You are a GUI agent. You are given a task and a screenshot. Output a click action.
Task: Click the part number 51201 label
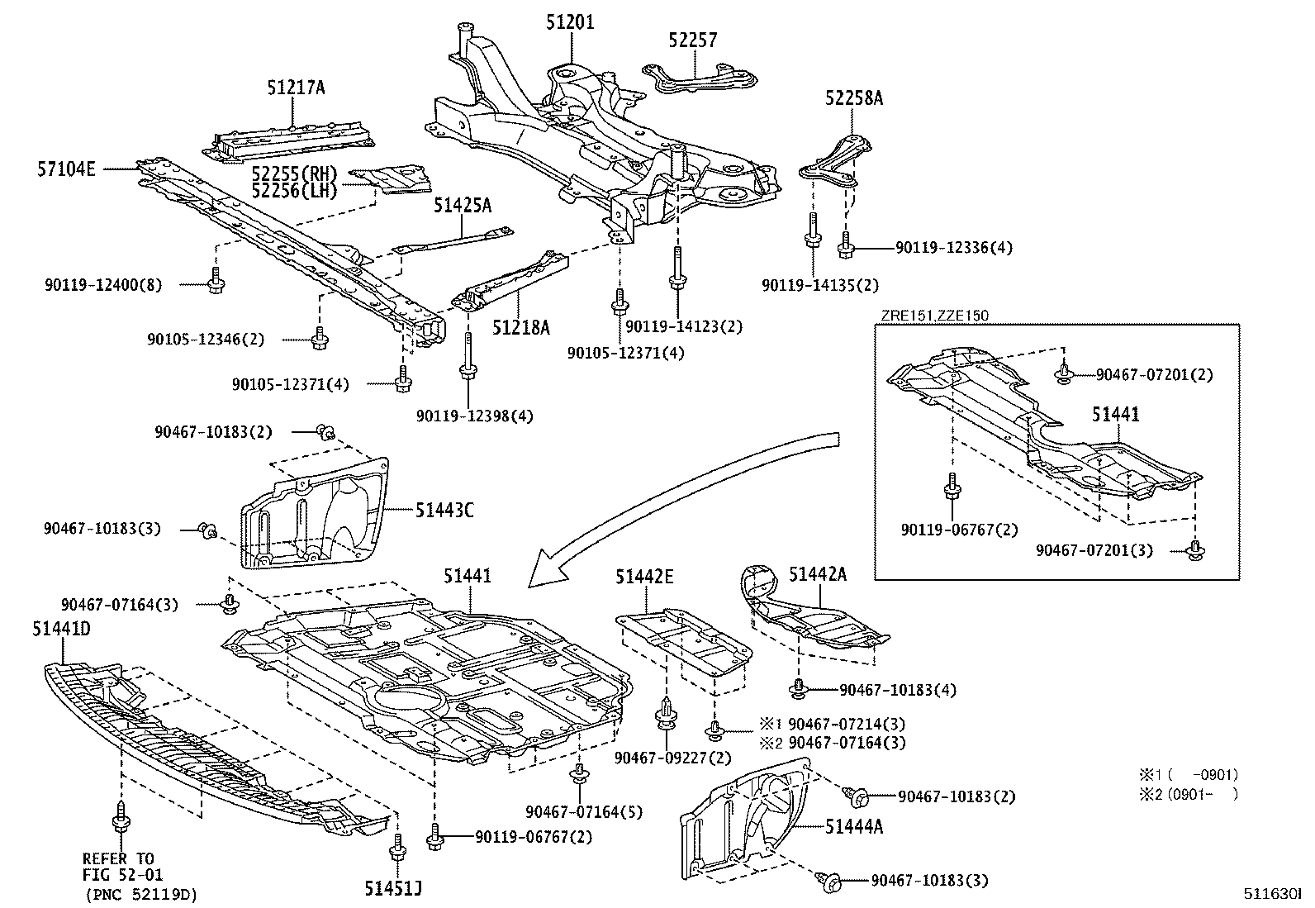pyautogui.click(x=569, y=22)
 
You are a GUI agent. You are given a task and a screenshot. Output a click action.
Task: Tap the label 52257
pyautogui.click(x=692, y=40)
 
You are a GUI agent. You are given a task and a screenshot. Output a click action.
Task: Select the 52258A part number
pyautogui.click(x=853, y=99)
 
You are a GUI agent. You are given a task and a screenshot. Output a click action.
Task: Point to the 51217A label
pyautogui.click(x=295, y=88)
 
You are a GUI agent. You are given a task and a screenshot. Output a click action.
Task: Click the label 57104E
pyautogui.click(x=66, y=169)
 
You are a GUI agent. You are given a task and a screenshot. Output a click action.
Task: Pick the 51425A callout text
pyautogui.click(x=462, y=206)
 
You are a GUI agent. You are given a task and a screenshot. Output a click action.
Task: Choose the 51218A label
pyautogui.click(x=520, y=328)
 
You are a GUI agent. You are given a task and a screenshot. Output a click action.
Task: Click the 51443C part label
pyautogui.click(x=445, y=511)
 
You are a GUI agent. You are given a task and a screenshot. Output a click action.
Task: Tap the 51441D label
pyautogui.click(x=61, y=630)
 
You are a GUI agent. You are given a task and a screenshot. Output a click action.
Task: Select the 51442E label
pyautogui.click(x=643, y=577)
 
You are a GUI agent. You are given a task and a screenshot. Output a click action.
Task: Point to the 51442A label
pyautogui.click(x=817, y=574)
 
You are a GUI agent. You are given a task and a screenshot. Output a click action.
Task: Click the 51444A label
pyautogui.click(x=853, y=825)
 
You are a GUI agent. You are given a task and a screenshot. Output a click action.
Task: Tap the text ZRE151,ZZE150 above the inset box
pyautogui.click(x=933, y=315)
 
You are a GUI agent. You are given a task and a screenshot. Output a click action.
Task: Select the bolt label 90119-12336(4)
pyautogui.click(x=954, y=247)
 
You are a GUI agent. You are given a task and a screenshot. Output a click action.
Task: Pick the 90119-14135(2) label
pyautogui.click(x=820, y=286)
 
